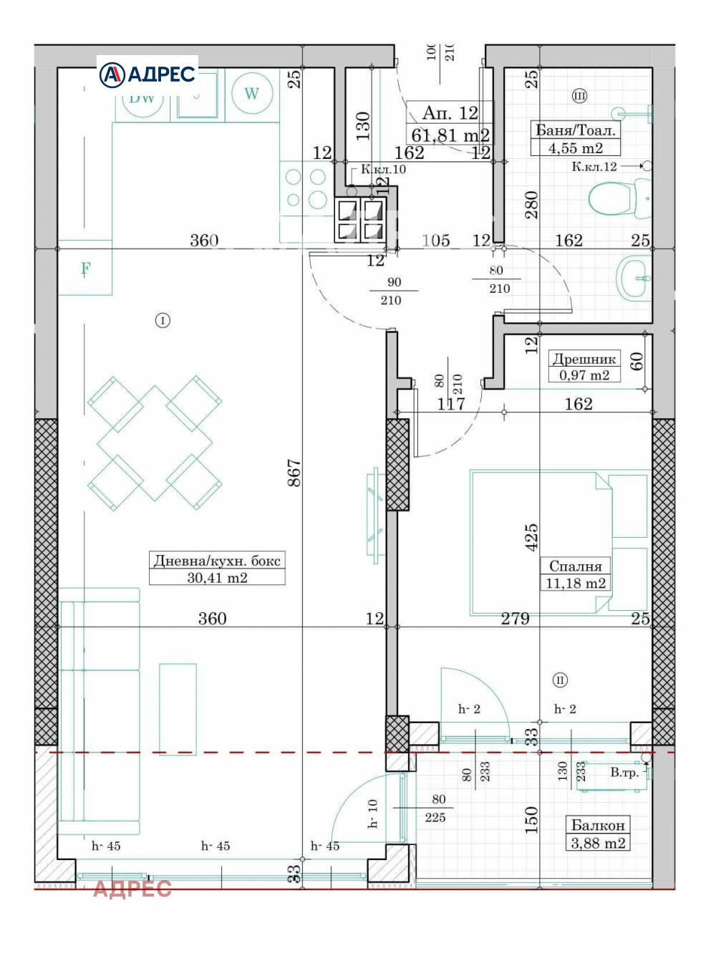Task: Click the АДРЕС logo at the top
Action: coord(147,74)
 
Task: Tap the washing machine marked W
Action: coord(251,93)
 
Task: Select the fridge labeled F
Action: coord(85,269)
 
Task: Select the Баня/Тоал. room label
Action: coord(576,130)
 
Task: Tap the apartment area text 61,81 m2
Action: coord(450,135)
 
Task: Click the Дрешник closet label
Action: coord(584,359)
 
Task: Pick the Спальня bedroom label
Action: coord(576,566)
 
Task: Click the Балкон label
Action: coord(598,825)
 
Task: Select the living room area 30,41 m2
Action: coord(217,578)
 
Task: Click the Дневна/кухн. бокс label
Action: coord(217,561)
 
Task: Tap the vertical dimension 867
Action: coord(294,473)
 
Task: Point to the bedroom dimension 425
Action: coord(531,538)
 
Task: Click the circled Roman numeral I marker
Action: coord(163,321)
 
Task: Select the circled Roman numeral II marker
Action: coord(560,680)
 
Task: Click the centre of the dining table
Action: coord(155,443)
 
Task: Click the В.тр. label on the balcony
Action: coord(624,773)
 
